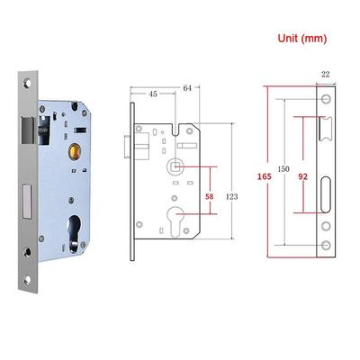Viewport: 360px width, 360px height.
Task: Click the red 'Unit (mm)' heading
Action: (301, 39)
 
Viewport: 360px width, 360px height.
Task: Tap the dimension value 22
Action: (326, 74)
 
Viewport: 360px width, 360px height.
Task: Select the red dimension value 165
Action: (265, 176)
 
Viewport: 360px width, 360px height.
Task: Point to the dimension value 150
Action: (283, 169)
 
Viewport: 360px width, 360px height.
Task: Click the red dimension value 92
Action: (302, 176)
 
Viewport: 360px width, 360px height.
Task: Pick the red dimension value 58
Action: (210, 196)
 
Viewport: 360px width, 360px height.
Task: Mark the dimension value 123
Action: (231, 196)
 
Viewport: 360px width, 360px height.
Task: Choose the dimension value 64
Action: (187, 88)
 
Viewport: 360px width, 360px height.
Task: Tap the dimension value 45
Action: (153, 94)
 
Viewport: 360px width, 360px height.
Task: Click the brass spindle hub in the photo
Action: (75, 149)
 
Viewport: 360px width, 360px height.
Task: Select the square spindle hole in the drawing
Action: (175, 166)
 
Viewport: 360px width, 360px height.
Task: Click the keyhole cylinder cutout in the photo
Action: (74, 230)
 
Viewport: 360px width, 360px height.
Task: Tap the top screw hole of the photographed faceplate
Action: (28, 83)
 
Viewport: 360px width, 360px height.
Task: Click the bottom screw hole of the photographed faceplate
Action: (27, 280)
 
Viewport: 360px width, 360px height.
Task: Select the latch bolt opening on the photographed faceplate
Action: (27, 130)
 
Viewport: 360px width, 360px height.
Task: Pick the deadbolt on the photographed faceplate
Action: (27, 202)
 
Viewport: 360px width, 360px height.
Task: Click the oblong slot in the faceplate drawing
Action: (325, 195)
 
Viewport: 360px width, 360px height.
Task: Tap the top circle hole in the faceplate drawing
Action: (326, 99)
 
